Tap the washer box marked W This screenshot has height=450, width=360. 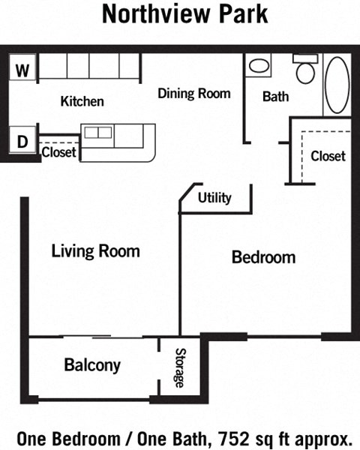point(22,71)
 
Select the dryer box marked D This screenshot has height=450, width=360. point(22,139)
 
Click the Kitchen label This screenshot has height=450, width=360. point(82,101)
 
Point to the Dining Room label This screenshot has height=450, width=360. point(193,94)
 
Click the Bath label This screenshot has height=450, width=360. point(276,97)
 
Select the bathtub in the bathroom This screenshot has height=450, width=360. point(336,86)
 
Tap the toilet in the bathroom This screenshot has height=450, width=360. point(304,70)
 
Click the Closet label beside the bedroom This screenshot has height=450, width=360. point(328,156)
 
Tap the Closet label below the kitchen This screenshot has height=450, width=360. point(58,153)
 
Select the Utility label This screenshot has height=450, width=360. point(214,198)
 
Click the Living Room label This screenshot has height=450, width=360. point(95,251)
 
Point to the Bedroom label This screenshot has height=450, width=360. point(263,257)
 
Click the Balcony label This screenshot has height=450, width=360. point(92,365)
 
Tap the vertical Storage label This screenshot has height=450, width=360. point(180,367)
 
